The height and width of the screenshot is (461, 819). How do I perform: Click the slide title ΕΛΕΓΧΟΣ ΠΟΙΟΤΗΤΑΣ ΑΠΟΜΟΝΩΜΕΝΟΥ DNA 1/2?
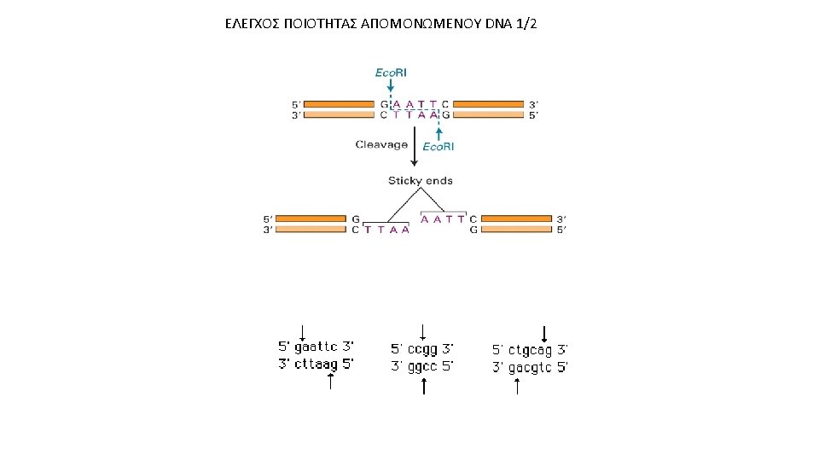pyautogui.click(x=380, y=23)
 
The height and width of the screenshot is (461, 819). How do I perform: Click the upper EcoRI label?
pyautogui.click(x=391, y=73)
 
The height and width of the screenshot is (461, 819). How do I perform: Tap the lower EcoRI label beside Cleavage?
pyautogui.click(x=439, y=147)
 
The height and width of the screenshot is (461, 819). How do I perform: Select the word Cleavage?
pyautogui.click(x=381, y=145)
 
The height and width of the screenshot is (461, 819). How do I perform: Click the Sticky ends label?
pyautogui.click(x=421, y=181)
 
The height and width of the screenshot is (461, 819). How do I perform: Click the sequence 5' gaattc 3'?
pyautogui.click(x=317, y=347)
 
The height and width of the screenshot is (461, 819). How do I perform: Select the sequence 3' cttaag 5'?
pyautogui.click(x=317, y=364)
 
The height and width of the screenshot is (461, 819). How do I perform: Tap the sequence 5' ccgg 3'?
pyautogui.click(x=422, y=348)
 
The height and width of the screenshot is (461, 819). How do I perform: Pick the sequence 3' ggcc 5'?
pyautogui.click(x=422, y=366)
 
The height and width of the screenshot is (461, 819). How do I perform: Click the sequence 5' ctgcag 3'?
pyautogui.click(x=530, y=350)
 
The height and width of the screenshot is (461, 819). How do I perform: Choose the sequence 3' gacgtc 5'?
pyautogui.click(x=530, y=368)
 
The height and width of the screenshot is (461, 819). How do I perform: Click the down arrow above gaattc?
pyautogui.click(x=303, y=332)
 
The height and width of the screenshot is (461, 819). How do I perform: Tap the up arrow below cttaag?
pyautogui.click(x=330, y=381)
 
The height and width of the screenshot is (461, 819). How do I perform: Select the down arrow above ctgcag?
pyautogui.click(x=544, y=334)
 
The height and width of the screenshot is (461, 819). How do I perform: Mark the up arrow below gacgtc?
pyautogui.click(x=517, y=386)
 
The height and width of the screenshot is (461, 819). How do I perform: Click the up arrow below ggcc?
pyautogui.click(x=424, y=386)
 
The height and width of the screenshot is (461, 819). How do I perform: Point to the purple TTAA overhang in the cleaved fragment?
pyautogui.click(x=387, y=230)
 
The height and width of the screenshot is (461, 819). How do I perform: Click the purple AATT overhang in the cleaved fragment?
pyautogui.click(x=444, y=219)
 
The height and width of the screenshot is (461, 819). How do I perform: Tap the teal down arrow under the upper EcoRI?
pyautogui.click(x=391, y=86)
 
